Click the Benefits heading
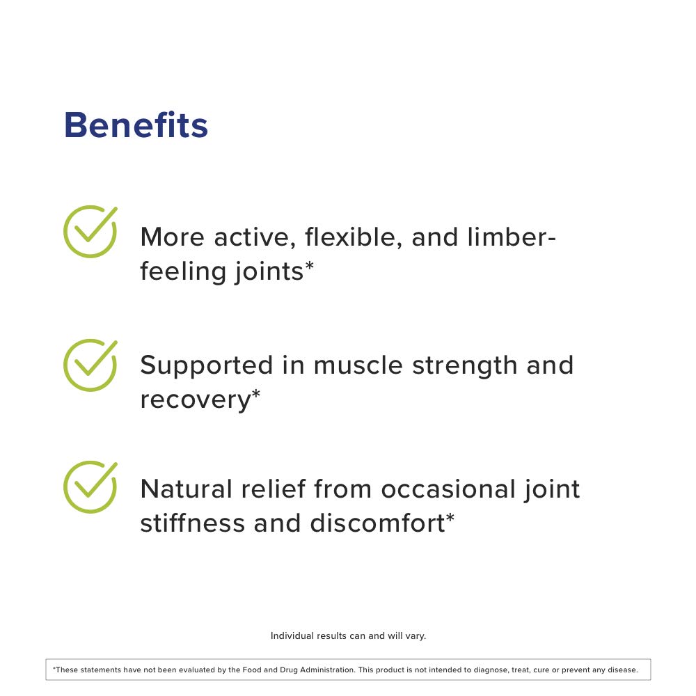coord(136,125)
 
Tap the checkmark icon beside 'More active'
coord(90,232)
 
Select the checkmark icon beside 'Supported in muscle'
coord(90,365)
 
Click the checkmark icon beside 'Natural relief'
coord(90,487)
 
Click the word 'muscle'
coord(356,365)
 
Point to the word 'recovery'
coord(195,400)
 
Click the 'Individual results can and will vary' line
coord(348,635)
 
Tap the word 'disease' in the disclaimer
coord(622,670)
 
